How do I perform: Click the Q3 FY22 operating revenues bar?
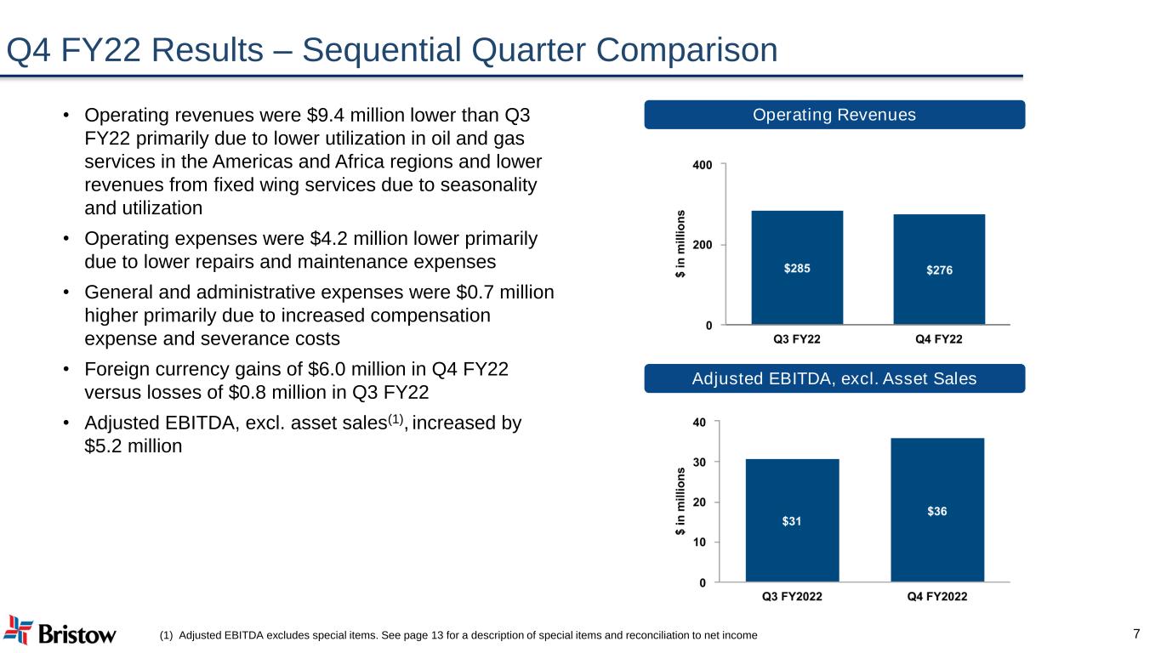797,268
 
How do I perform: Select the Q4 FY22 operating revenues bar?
939,270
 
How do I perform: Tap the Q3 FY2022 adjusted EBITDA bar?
792,520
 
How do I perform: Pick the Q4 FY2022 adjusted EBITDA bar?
937,510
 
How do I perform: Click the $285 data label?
797,269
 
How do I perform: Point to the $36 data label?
937,512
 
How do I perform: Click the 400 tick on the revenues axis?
703,165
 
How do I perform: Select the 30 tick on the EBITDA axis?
699,463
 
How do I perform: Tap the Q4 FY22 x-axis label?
939,339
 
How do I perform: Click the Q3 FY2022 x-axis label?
792,597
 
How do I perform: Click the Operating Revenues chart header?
834,115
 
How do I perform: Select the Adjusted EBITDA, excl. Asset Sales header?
834,378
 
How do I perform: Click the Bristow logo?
60,631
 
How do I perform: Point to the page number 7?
1136,633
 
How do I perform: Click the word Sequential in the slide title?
381,50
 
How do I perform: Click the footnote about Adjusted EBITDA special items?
458,635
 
